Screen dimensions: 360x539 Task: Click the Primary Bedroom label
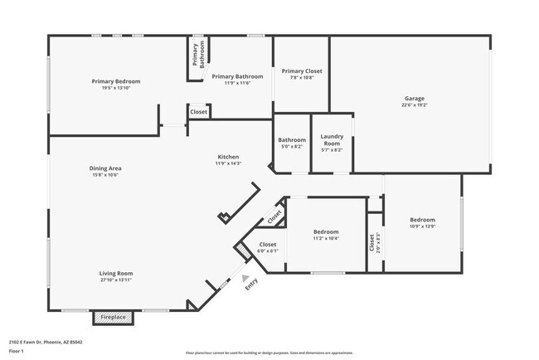point(116,81)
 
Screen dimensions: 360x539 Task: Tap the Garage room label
point(415,98)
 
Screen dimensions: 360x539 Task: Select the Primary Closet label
point(302,71)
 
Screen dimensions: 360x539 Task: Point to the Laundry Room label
point(332,139)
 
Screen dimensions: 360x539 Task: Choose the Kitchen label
point(228,157)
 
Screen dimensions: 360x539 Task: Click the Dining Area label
point(105,168)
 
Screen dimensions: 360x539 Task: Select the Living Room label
point(116,273)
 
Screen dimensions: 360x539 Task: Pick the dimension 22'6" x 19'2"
point(415,105)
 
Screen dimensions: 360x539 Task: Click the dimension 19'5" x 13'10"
point(116,88)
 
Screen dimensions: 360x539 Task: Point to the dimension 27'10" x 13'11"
point(116,280)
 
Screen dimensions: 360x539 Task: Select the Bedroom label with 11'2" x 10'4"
point(326,231)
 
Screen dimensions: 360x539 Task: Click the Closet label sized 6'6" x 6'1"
point(268,245)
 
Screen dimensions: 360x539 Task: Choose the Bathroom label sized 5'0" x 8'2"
point(292,140)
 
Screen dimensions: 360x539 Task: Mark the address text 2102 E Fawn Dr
point(46,342)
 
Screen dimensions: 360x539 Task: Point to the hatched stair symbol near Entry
point(243,249)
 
